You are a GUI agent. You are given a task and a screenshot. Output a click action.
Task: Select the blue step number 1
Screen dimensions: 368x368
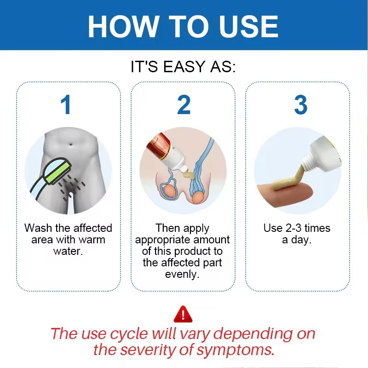(66, 104)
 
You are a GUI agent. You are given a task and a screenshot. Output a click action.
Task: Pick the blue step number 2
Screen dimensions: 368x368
(184, 104)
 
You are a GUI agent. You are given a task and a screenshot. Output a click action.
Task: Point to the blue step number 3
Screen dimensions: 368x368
(301, 105)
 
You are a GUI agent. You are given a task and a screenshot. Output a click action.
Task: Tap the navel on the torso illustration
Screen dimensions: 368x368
(71, 143)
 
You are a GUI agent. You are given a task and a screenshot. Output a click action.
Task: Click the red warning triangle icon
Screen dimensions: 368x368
(183, 314)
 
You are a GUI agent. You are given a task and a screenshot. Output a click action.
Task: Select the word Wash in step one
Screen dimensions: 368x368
(39, 228)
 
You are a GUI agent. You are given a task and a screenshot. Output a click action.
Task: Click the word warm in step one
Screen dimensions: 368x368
(92, 240)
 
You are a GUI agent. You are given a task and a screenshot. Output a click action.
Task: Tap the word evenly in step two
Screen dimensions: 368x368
(182, 274)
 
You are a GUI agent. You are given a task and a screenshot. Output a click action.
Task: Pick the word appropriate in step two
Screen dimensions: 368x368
(163, 240)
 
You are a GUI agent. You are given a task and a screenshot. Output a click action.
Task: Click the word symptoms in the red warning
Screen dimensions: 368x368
(236, 351)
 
